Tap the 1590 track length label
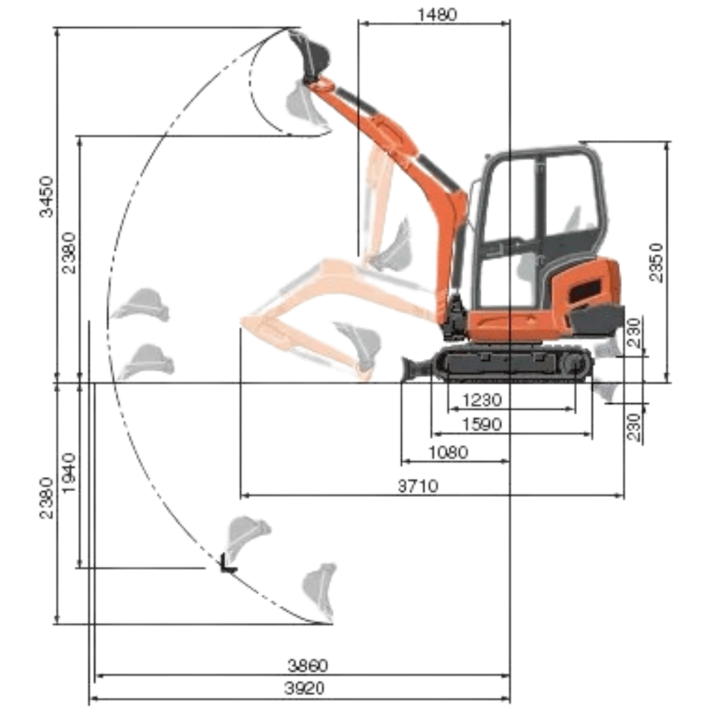(x=481, y=424)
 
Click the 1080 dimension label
(x=448, y=452)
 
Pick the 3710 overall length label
(x=418, y=486)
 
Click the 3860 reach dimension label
(x=307, y=666)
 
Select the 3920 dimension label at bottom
(x=305, y=689)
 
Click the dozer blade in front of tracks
(x=414, y=368)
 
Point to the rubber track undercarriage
(x=512, y=363)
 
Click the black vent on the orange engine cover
(x=584, y=291)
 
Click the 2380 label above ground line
(x=69, y=253)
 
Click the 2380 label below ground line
(x=46, y=498)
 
